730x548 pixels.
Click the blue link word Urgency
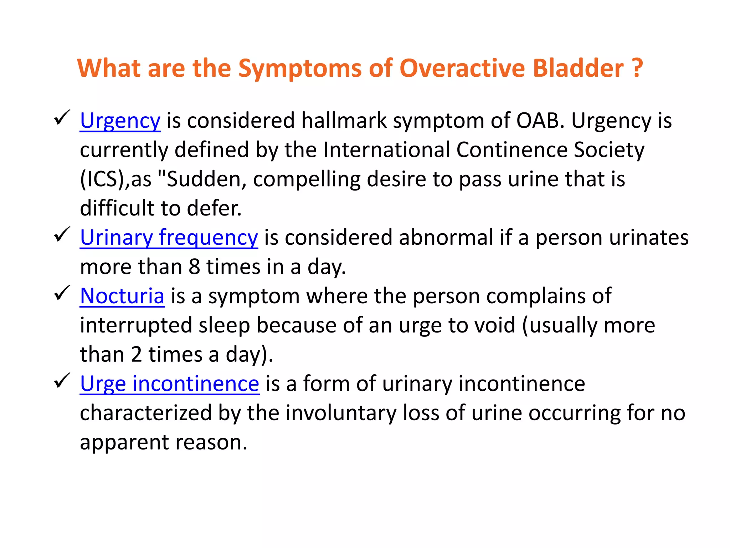120,121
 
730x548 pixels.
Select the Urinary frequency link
169,238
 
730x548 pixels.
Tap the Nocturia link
122,296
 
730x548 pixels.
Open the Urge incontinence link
170,384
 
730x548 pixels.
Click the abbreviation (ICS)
103,179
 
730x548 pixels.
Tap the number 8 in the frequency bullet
194,267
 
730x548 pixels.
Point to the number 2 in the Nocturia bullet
136,355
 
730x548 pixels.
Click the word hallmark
344,121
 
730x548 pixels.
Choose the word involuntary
341,413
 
